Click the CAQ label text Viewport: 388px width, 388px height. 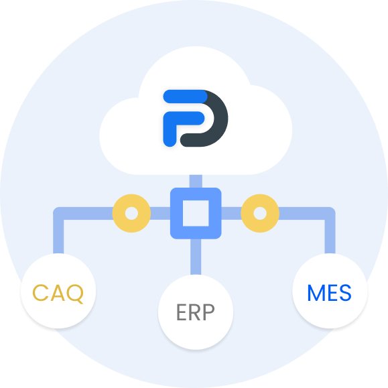[x=58, y=294]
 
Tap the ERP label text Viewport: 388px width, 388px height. [x=196, y=312]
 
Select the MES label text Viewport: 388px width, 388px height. [x=329, y=293]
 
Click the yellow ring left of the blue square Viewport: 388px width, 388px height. [x=119, y=213]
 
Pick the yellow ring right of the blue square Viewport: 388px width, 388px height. [x=271, y=213]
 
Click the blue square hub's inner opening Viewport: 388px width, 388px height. [x=196, y=213]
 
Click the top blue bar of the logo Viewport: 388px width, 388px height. [x=185, y=96]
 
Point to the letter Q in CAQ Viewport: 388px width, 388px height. [x=75, y=294]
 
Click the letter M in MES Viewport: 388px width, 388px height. [x=316, y=293]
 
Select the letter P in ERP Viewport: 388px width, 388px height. [x=208, y=312]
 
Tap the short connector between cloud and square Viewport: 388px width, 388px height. [x=196, y=182]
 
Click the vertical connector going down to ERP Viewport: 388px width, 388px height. [x=196, y=257]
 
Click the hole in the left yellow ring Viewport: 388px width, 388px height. [x=131, y=213]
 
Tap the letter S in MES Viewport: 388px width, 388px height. [x=345, y=293]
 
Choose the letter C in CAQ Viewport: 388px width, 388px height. [x=40, y=293]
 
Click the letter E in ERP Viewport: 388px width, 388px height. [x=181, y=312]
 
